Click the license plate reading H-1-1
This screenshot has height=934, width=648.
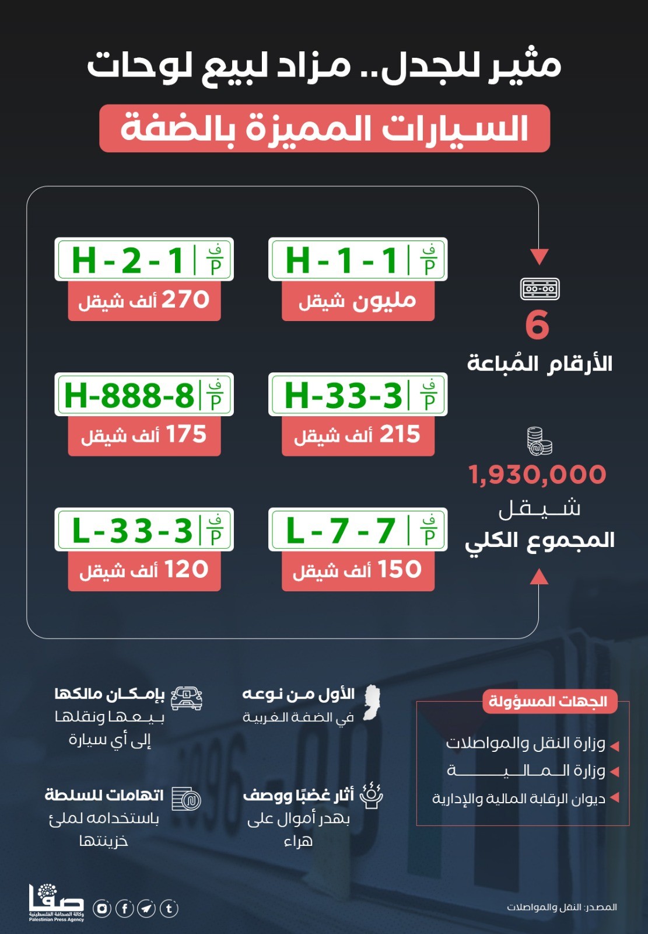coord(358,259)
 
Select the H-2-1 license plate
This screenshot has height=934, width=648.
coord(144,259)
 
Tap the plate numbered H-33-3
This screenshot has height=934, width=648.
coord(358,395)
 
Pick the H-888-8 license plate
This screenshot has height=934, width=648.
coord(144,395)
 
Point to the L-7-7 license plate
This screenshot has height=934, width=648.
coord(358,530)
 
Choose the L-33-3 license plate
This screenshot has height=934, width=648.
coord(144,530)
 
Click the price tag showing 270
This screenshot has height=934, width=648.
coord(144,301)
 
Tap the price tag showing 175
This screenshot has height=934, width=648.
coord(144,435)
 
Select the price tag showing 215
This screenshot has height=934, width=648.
coord(358,435)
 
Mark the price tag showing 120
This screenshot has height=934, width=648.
coord(144,570)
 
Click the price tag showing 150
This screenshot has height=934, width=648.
coord(358,570)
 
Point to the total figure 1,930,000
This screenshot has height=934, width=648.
coord(537,475)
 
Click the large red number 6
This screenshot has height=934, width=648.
coord(537,325)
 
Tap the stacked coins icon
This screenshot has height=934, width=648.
coord(539,441)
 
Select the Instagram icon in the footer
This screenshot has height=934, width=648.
coord(102,908)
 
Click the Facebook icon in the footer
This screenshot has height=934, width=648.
coord(124,908)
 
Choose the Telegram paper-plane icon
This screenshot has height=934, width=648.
coord(146,908)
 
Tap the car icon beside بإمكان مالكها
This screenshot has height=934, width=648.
coord(187,697)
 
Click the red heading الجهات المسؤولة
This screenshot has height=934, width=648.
coord(548,702)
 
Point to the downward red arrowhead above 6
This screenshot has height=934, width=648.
coord(539,256)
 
